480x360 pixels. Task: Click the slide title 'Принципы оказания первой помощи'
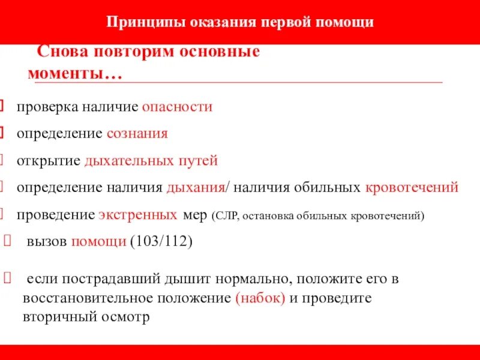(240, 22)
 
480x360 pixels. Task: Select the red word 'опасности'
(177, 107)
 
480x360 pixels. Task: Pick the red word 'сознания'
(137, 133)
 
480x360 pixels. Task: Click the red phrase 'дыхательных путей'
(151, 161)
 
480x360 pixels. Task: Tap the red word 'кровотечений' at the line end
(412, 187)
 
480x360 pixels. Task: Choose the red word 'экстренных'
(137, 215)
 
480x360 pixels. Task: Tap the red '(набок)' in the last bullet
(260, 298)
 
